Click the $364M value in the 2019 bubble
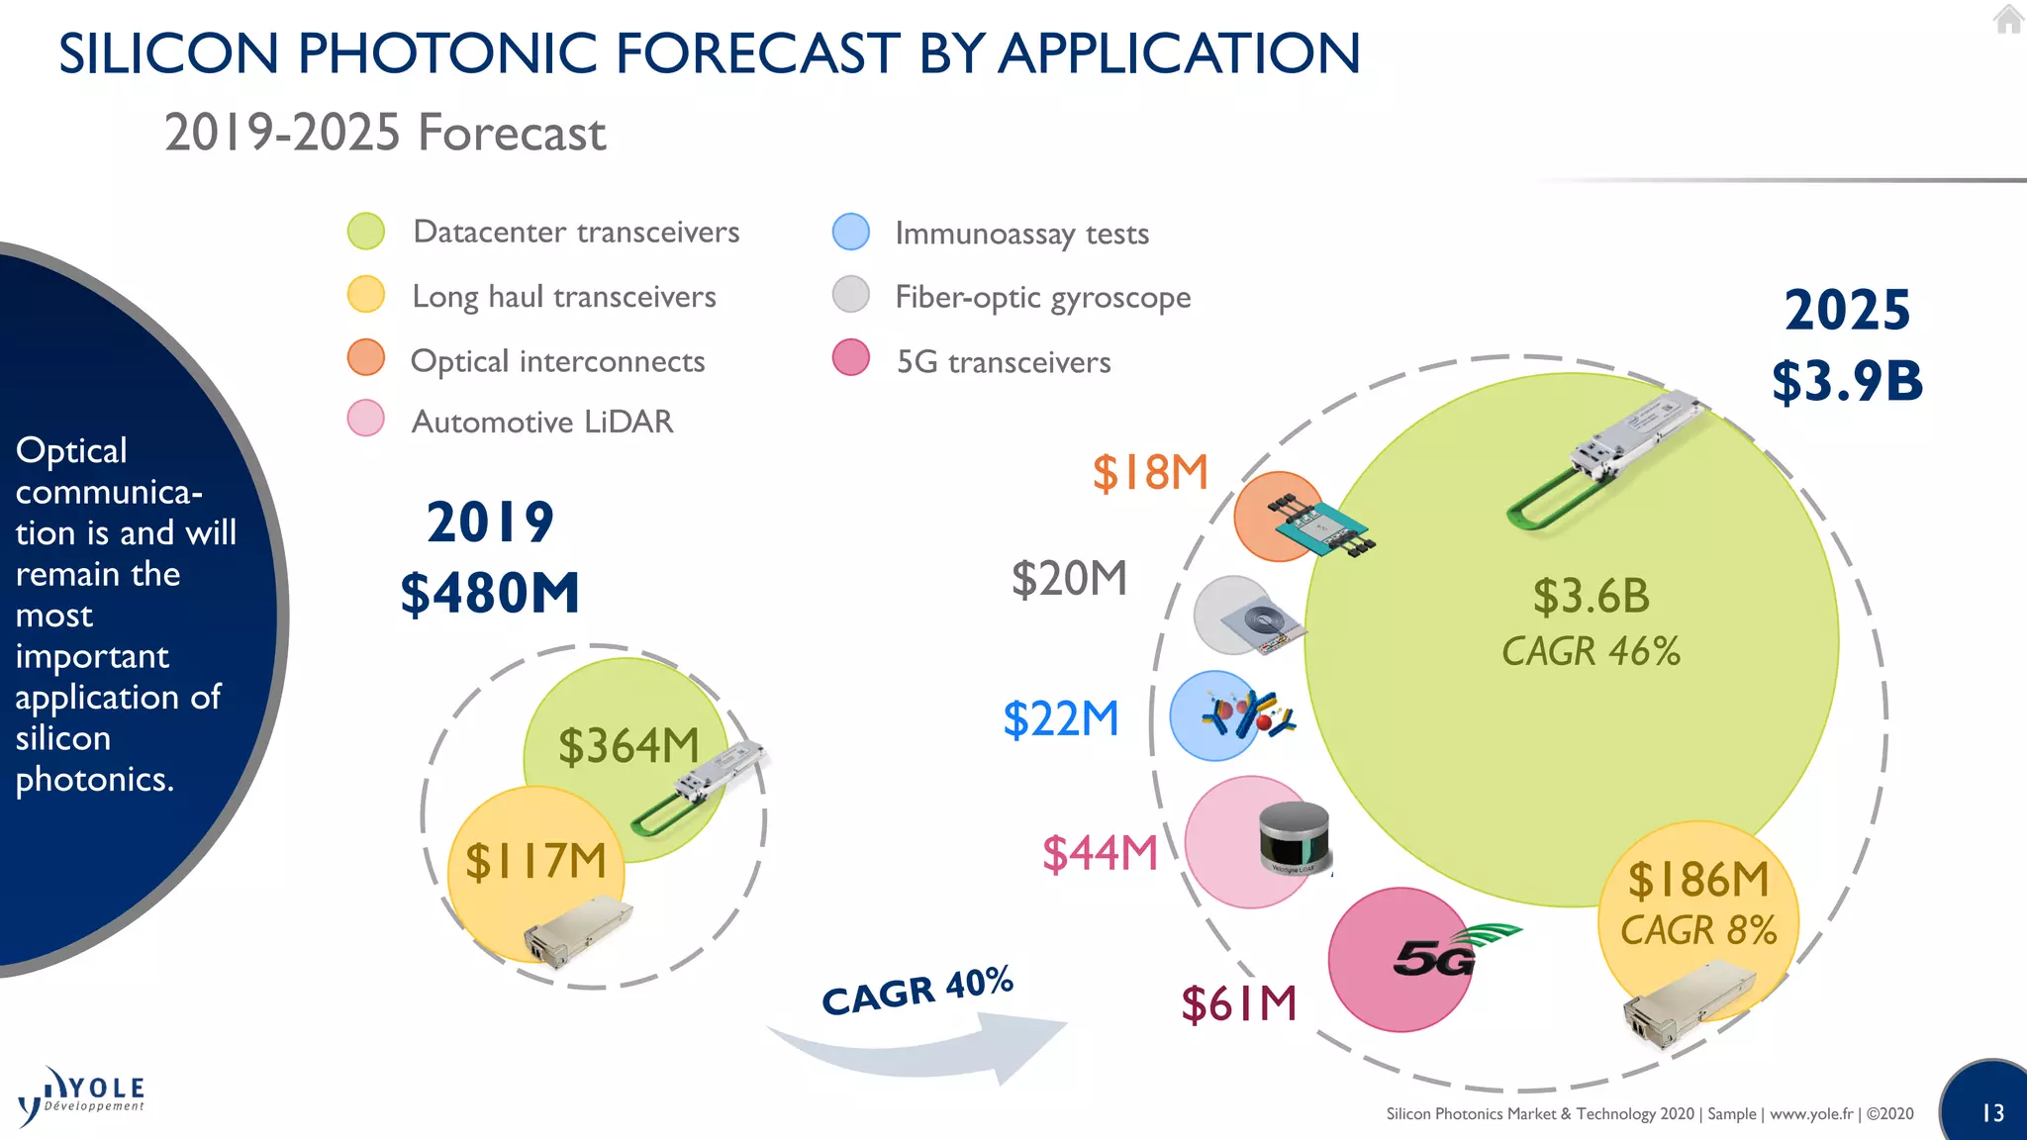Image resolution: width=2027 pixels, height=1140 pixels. [x=628, y=746]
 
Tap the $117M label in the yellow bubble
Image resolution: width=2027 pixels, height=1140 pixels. [x=535, y=861]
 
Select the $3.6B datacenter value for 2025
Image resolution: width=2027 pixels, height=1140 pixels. [x=1592, y=597]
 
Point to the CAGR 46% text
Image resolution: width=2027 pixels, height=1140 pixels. [x=1591, y=652]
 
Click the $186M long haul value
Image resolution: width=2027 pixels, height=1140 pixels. [x=1698, y=880]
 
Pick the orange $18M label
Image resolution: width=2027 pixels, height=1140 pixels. [x=1150, y=473]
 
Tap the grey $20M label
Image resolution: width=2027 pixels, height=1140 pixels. [x=1069, y=579]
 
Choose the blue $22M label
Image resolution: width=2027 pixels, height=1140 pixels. [x=1060, y=719]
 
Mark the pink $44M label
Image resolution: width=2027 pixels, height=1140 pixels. [x=1100, y=853]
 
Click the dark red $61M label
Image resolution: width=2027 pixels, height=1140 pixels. [x=1238, y=1003]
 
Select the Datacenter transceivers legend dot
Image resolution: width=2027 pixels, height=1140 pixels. [x=366, y=232]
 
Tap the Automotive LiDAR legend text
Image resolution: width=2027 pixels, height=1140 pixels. [x=542, y=423]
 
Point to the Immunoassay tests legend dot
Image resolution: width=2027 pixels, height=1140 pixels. [x=851, y=233]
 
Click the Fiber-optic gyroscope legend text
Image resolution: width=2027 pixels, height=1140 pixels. [x=1042, y=297]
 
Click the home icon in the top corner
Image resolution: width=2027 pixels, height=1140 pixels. [x=2007, y=19]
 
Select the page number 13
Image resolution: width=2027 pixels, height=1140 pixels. [x=1992, y=1113]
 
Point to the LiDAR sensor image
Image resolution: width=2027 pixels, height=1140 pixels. [x=1294, y=837]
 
